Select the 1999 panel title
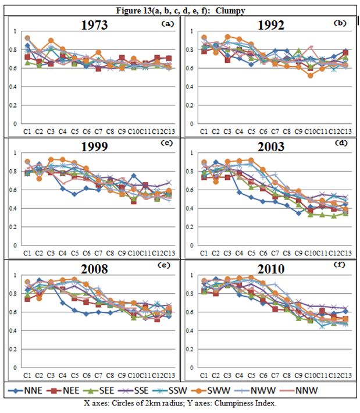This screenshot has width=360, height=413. [95, 146]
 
